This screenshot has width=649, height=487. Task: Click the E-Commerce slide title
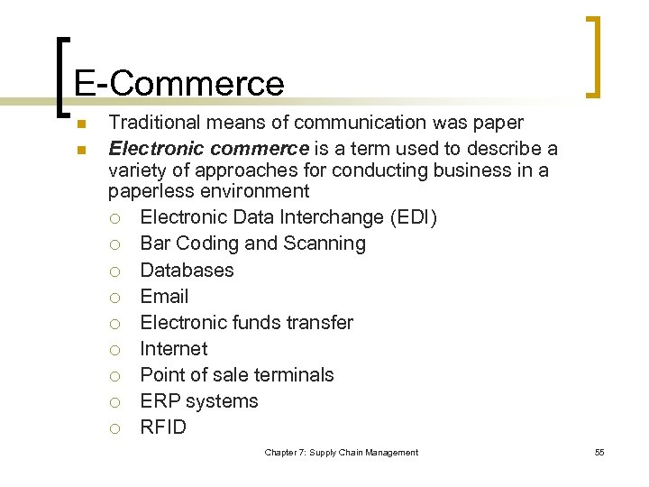[179, 83]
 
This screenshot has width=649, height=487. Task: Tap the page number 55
[599, 452]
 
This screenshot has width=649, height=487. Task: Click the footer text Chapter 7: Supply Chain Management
[341, 452]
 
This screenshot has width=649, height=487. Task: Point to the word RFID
[163, 427]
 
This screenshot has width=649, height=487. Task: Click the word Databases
[187, 270]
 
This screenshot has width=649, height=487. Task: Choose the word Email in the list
[164, 296]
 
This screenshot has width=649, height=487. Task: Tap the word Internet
[173, 348]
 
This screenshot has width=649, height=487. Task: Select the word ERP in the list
[160, 401]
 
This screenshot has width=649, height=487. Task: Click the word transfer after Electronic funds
[319, 322]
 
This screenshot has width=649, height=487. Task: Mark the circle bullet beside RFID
[114, 428]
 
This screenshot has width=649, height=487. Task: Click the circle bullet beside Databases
[114, 271]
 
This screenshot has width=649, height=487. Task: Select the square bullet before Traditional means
[79, 124]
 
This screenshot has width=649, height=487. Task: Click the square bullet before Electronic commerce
[79, 150]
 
